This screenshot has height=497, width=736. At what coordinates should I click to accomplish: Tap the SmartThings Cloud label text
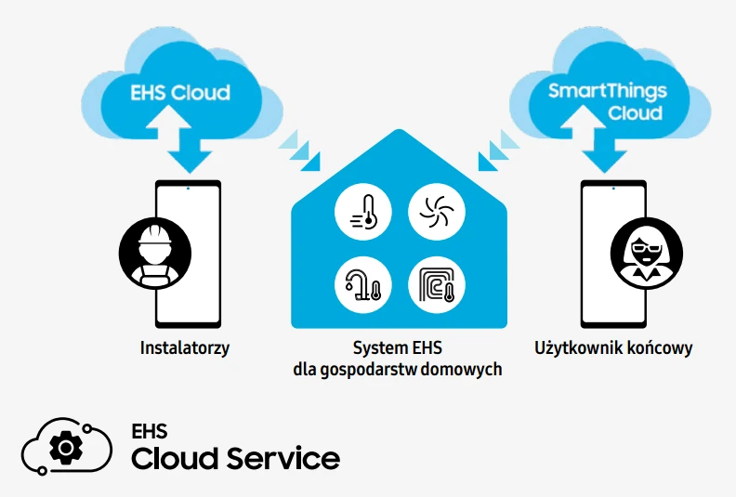(x=605, y=101)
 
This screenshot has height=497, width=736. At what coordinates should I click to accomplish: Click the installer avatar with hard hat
(x=154, y=253)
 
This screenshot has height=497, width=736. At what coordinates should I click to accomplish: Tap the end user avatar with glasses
(x=645, y=253)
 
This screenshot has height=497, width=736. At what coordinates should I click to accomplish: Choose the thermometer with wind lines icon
(x=363, y=210)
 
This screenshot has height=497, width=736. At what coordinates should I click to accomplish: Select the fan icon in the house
(x=437, y=210)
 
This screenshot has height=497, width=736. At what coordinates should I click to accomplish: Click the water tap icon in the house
(x=363, y=283)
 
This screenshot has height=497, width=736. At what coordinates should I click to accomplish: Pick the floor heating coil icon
(x=437, y=283)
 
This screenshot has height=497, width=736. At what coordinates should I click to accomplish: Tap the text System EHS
(x=398, y=349)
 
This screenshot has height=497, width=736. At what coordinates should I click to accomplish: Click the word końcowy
(x=660, y=349)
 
